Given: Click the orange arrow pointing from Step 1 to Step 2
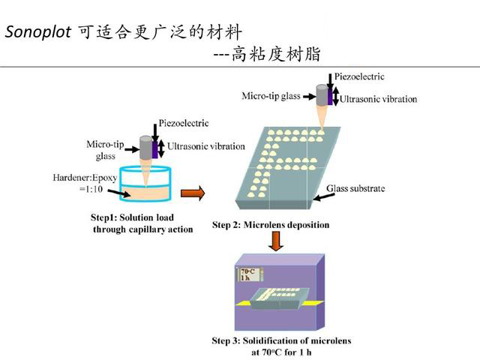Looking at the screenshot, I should [x=193, y=194].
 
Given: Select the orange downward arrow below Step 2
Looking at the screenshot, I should [x=276, y=241].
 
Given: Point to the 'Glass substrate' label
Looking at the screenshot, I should [x=355, y=188].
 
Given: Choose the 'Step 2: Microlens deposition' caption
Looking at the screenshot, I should [x=270, y=224].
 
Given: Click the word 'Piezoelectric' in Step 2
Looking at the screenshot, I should [x=358, y=76].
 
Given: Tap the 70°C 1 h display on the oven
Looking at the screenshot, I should [x=248, y=274].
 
